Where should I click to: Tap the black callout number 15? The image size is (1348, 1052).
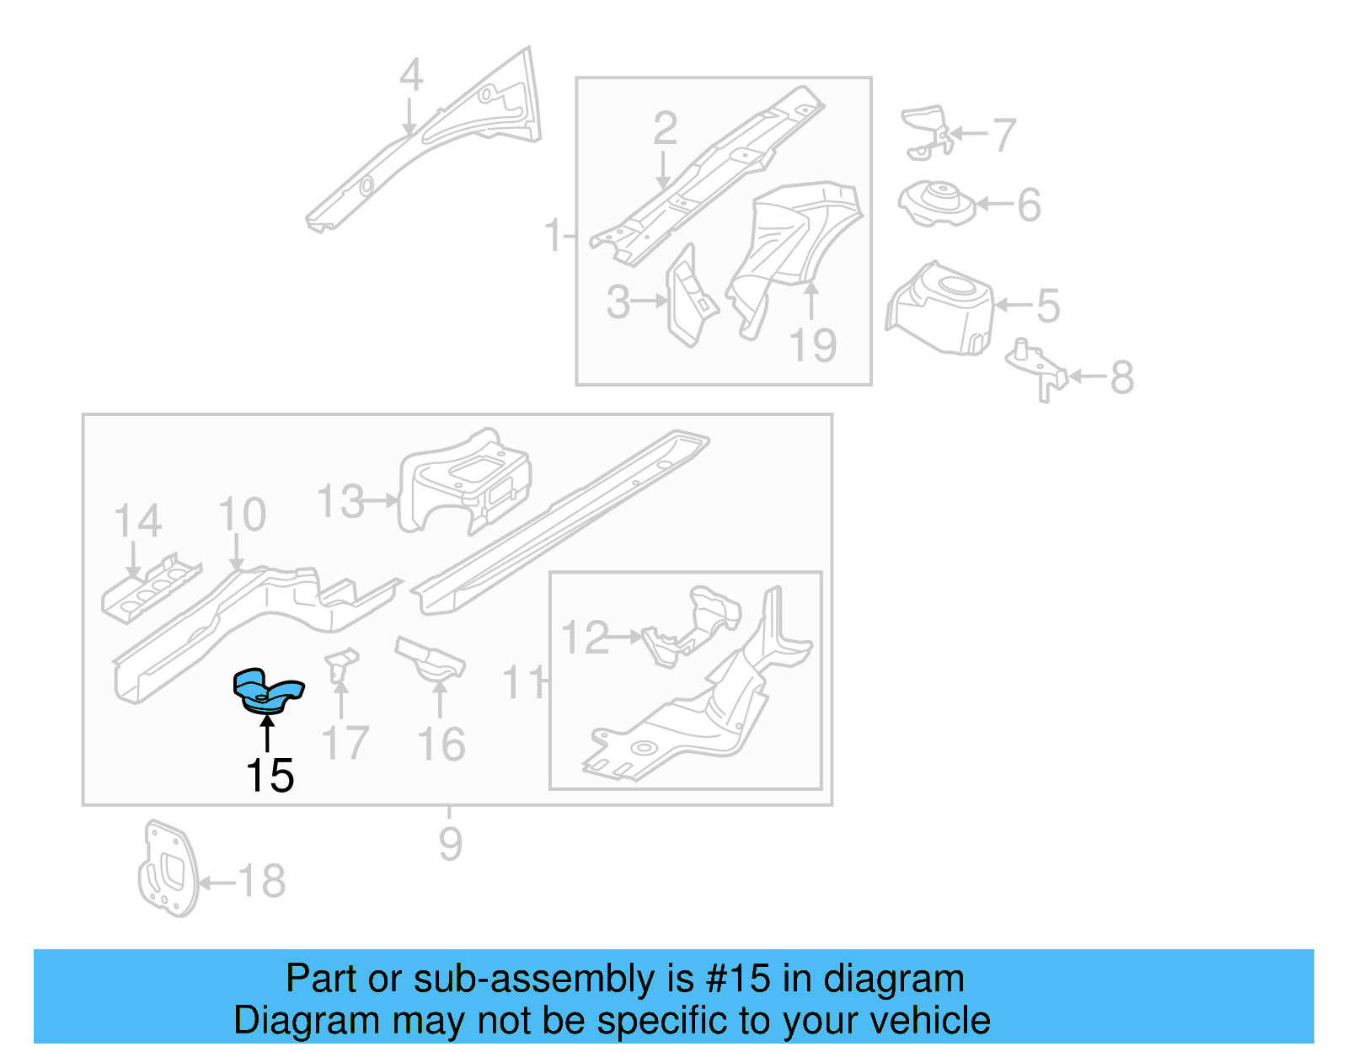click(270, 776)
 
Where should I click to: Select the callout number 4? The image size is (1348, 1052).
click(410, 76)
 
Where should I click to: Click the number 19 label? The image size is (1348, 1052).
click(813, 345)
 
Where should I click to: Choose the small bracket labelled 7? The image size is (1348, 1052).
click(927, 131)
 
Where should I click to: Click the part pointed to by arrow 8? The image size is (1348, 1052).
click(1038, 371)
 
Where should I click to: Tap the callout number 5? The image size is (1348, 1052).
click(1047, 306)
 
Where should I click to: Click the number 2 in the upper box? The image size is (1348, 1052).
click(665, 129)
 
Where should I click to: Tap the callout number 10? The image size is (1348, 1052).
click(242, 515)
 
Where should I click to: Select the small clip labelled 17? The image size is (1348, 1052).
click(341, 665)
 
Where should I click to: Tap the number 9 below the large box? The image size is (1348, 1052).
click(451, 843)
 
